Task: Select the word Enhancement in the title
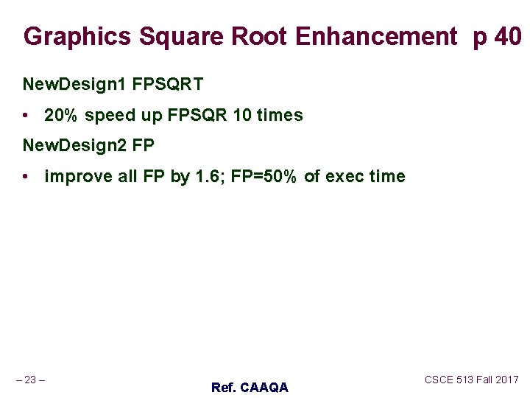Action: tap(375, 36)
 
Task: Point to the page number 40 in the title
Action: tap(509, 36)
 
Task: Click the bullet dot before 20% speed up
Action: tap(26, 116)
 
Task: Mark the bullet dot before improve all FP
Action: tap(26, 177)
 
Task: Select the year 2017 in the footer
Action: tap(506, 380)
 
